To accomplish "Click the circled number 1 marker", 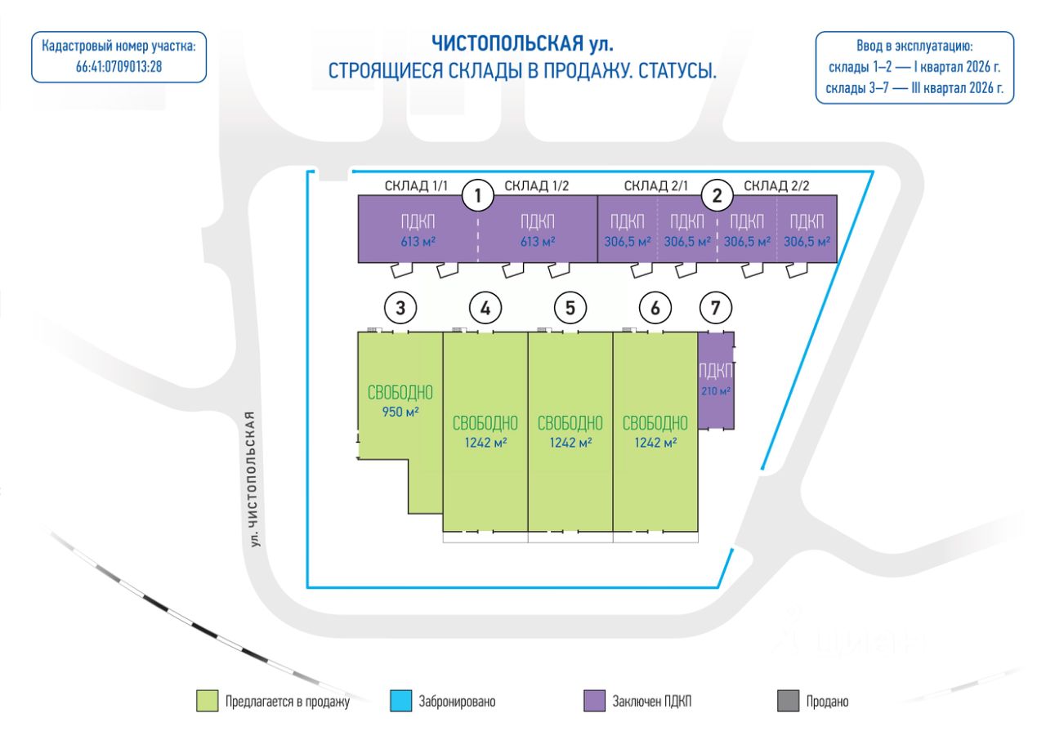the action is (x=478, y=195).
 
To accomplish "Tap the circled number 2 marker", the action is (x=717, y=195).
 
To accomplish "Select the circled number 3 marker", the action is (x=400, y=308).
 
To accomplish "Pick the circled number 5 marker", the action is (x=570, y=308).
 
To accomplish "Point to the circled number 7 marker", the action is (x=715, y=308).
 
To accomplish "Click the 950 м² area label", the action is (x=400, y=412).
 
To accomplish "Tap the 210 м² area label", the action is (x=715, y=391).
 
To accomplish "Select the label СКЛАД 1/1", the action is (x=416, y=185).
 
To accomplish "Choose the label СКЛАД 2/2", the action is (x=776, y=185).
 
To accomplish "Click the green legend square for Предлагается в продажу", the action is (x=207, y=701).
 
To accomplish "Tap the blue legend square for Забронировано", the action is (x=400, y=701).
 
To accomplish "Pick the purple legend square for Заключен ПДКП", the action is (x=594, y=701).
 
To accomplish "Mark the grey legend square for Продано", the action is (x=789, y=701).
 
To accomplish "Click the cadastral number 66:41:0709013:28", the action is (x=118, y=67).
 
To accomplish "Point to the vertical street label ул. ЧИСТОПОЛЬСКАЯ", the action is (x=253, y=479).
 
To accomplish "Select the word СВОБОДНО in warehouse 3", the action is (x=400, y=393).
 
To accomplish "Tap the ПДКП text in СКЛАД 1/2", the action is (x=538, y=221).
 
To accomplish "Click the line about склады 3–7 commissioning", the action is (x=914, y=88).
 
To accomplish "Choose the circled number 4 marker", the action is (x=485, y=308).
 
